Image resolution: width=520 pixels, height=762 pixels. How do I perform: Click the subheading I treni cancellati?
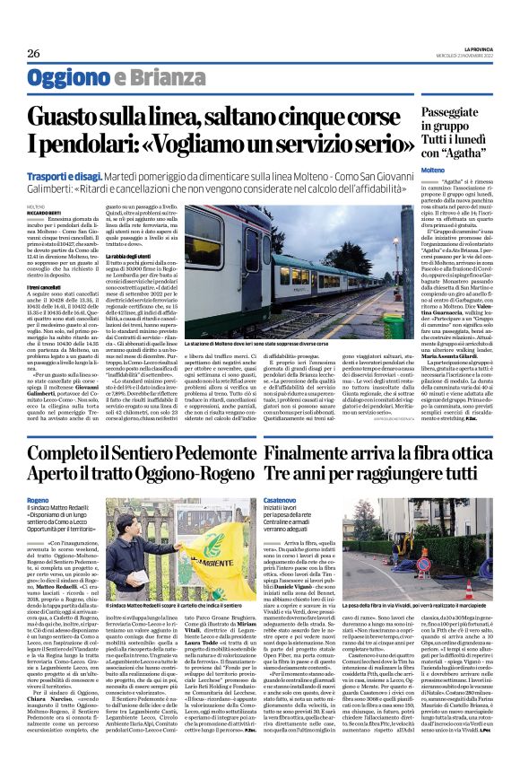click(45, 288)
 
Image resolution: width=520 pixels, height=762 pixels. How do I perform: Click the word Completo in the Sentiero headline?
click(66, 459)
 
